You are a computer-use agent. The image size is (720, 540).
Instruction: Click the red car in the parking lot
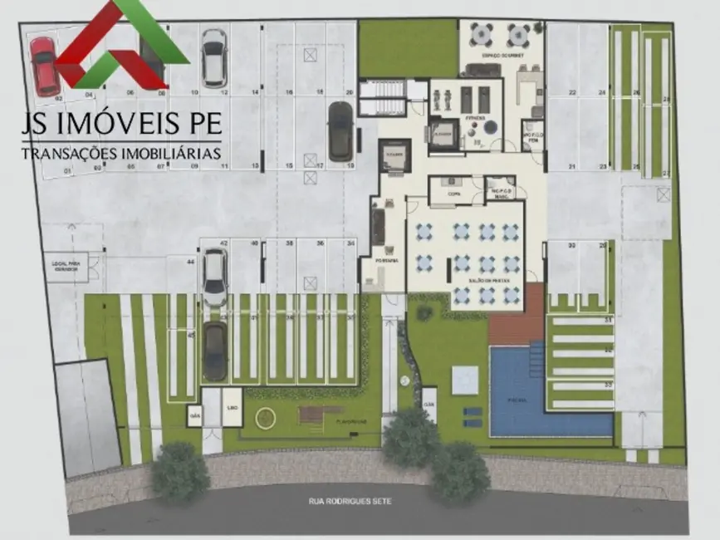tap(44, 66)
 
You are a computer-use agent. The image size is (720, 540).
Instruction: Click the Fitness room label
tap(474, 118)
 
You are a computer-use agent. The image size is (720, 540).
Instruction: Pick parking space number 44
tap(190, 262)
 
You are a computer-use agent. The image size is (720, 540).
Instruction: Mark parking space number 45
tap(190, 335)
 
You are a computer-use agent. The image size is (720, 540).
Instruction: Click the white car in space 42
tap(215, 277)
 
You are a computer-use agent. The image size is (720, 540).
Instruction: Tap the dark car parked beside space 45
tap(215, 351)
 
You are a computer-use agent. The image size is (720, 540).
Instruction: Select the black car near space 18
tap(340, 131)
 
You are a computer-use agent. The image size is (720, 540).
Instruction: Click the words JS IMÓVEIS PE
tap(122, 123)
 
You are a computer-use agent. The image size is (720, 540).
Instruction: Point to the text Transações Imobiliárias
tap(122, 154)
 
